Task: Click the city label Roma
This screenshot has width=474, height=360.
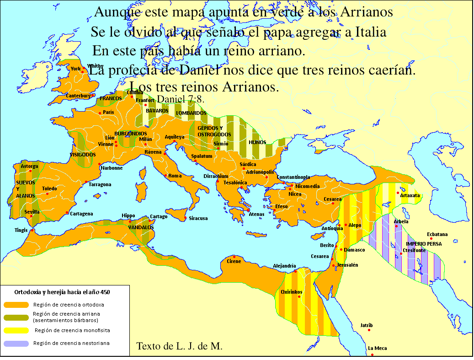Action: click(175, 176)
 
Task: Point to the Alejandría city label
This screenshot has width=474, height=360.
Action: click(284, 266)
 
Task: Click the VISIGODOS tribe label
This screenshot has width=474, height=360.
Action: click(83, 155)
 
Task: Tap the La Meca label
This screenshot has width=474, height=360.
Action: click(377, 348)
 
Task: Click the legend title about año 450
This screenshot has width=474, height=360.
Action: click(62, 292)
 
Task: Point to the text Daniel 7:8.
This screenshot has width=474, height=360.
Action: click(181, 99)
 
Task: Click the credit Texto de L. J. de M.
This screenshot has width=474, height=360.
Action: click(179, 346)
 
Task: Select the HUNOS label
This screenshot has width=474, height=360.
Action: click(257, 142)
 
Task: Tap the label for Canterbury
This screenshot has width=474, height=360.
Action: click(78, 96)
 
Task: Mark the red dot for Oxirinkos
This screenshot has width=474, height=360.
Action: click(299, 296)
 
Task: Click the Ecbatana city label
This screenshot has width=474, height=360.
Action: click(437, 235)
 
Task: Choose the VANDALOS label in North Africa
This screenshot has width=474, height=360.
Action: click(141, 227)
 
